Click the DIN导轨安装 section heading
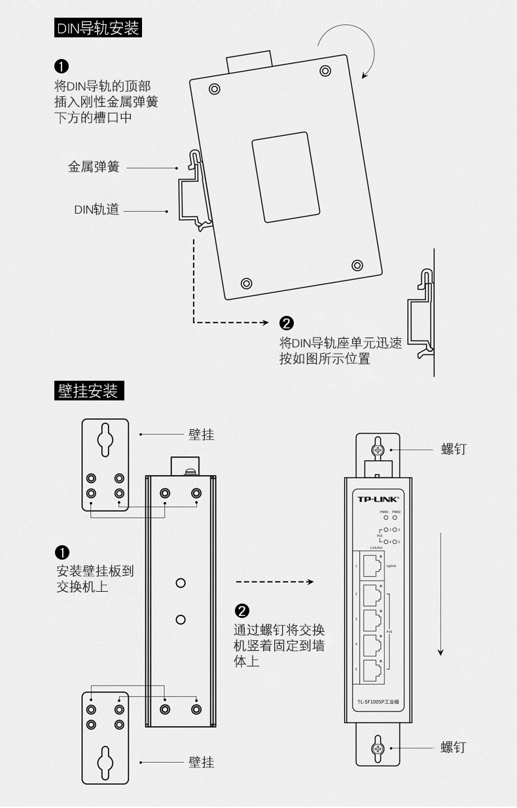tap(98, 28)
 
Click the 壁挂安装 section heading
tap(88, 391)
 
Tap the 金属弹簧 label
tap(94, 167)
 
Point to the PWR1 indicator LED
tap(385, 518)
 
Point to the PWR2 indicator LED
tap(396, 518)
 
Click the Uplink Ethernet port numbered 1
tap(371, 566)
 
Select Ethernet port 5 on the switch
tap(371, 669)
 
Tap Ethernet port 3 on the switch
tap(371, 619)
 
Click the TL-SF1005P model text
tap(378, 702)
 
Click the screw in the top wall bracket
tap(378, 450)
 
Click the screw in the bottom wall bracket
tap(378, 748)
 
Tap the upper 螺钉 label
tap(453, 449)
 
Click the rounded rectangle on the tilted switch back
tap(285, 177)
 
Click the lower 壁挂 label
tap(201, 762)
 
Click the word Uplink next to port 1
tap(391, 566)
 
